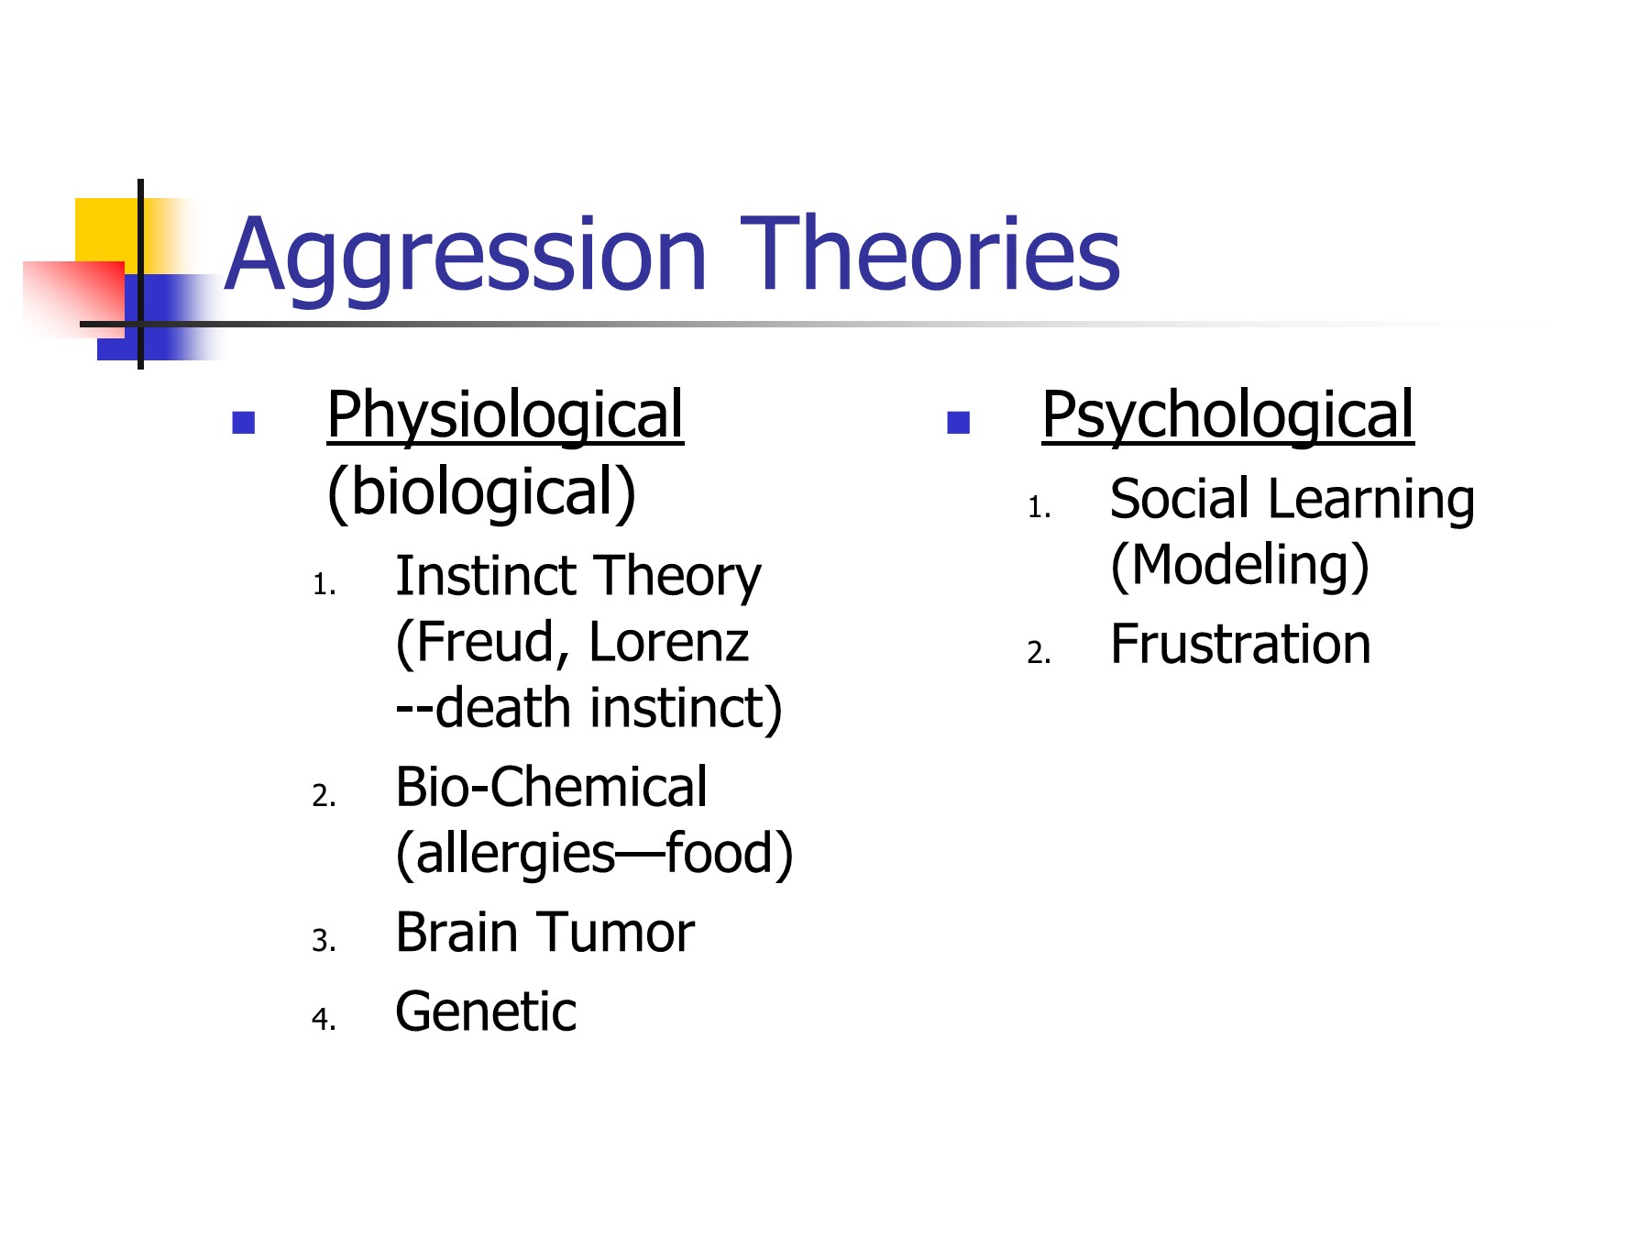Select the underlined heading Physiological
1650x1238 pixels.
[505, 417]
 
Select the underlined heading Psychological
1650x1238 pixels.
[1228, 417]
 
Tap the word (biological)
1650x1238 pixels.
[481, 493]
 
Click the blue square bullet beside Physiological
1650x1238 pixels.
[243, 422]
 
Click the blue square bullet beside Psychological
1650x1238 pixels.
[958, 422]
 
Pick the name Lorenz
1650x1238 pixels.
[669, 642]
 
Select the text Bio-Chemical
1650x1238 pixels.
[551, 788]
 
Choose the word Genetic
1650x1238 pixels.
[486, 1012]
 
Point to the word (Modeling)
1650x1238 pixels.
[1239, 566]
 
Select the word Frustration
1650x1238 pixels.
[1240, 644]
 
